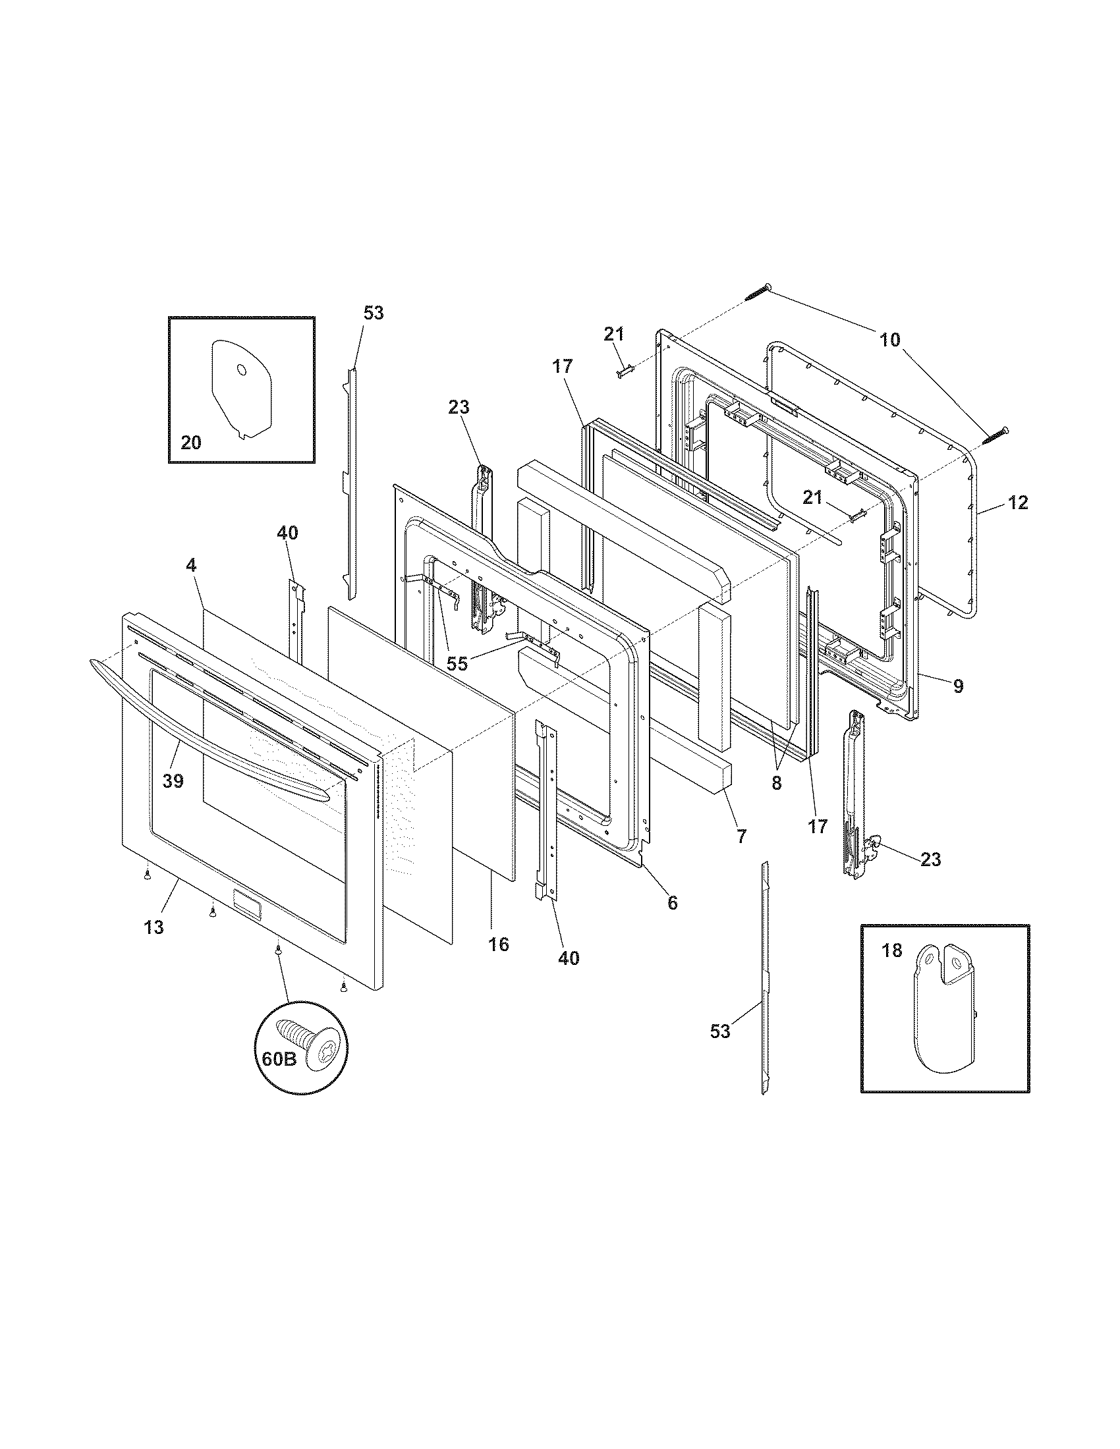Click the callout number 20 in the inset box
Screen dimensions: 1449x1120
191,442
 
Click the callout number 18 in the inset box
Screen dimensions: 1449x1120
892,950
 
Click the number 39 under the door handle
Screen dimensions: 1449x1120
173,782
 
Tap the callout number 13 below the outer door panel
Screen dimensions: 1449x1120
154,927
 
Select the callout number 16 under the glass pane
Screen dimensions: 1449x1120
499,944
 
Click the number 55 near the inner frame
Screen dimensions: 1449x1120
457,663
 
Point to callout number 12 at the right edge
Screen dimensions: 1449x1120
1018,503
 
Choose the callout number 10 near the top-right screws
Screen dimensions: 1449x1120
890,340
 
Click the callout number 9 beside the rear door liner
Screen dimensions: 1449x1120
958,686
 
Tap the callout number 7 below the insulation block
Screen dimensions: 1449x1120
741,836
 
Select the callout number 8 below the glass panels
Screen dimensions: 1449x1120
776,783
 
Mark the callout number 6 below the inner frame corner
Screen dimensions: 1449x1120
672,902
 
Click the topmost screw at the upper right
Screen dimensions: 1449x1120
758,292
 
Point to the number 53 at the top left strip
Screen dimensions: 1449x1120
374,312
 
